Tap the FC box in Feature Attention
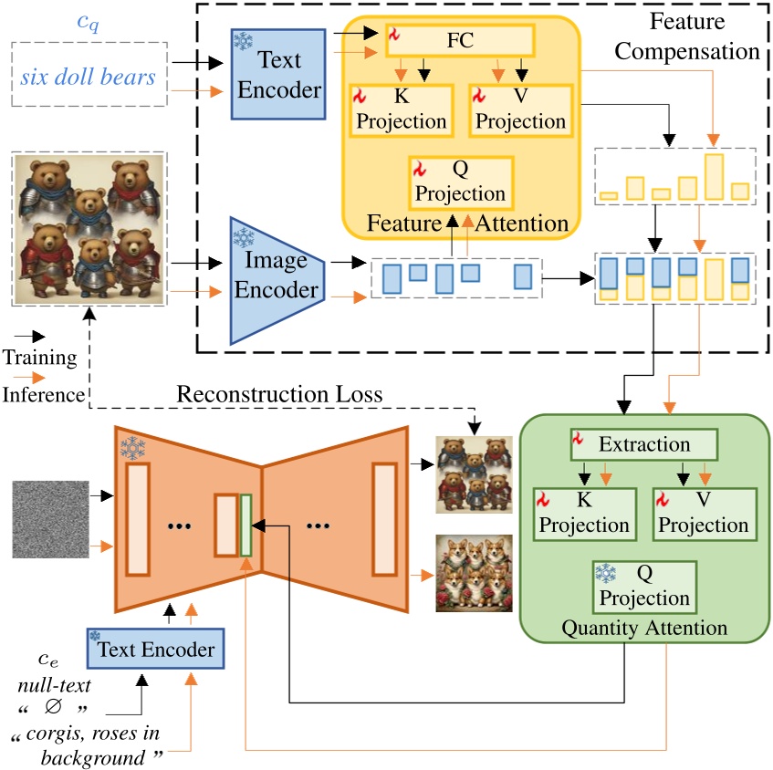pyautogui.click(x=460, y=39)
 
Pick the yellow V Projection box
pyautogui.click(x=521, y=109)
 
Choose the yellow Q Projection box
pyautogui.click(x=462, y=182)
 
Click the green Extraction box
pyautogui.click(x=644, y=444)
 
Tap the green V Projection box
pyautogui.click(x=704, y=514)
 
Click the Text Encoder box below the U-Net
pyautogui.click(x=156, y=650)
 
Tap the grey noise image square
pyautogui.click(x=50, y=518)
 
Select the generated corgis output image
pyautogui.click(x=474, y=573)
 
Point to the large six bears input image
pyautogui.click(x=89, y=228)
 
